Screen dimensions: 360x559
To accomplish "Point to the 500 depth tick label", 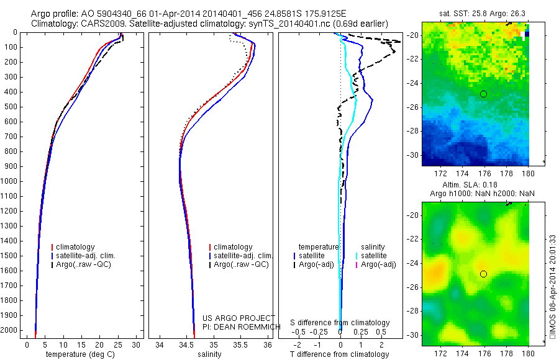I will (11, 107).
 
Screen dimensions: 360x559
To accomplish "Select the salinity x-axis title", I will (209, 354).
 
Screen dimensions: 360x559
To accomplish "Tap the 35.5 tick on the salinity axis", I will (241, 344).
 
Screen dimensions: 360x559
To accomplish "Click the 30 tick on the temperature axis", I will (136, 344).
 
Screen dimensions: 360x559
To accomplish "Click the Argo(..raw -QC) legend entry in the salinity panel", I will (241, 264).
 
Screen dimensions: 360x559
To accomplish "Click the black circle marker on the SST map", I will (483, 94).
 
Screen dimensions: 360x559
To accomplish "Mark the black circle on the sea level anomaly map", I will (483, 274).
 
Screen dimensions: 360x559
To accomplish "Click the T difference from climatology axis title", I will (340, 354).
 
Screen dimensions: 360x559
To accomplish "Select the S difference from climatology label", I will (340, 323).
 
